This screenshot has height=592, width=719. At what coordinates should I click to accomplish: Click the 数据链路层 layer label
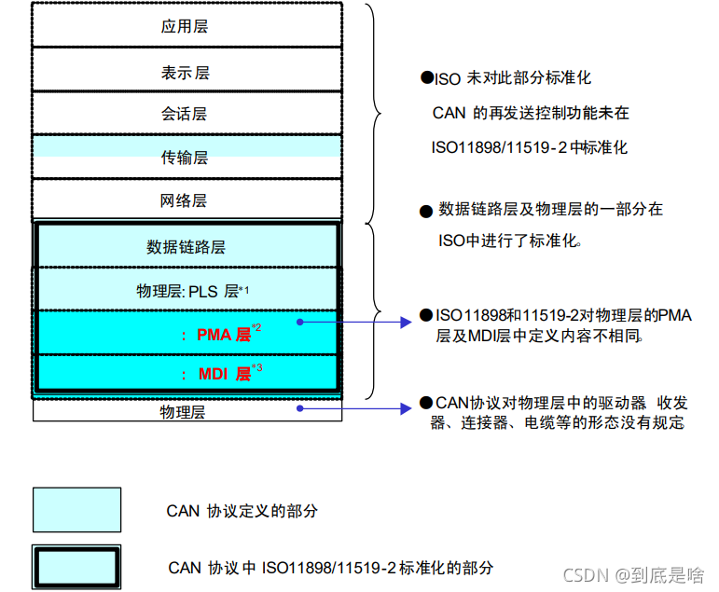[186, 247]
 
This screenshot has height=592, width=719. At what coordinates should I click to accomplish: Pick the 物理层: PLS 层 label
[192, 292]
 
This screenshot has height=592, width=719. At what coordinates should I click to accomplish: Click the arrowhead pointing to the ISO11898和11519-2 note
[408, 323]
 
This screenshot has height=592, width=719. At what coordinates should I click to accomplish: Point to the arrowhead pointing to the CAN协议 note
[408, 408]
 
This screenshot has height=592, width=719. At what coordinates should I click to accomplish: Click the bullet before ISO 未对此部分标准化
[426, 78]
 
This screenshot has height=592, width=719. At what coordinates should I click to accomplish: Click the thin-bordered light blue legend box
[76, 510]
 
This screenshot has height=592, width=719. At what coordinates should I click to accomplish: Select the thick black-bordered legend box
[76, 566]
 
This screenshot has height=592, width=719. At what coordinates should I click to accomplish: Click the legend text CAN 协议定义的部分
[242, 511]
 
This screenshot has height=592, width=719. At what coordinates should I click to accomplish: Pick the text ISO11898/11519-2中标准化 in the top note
[529, 147]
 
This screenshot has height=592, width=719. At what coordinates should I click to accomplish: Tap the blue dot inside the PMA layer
[300, 323]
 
